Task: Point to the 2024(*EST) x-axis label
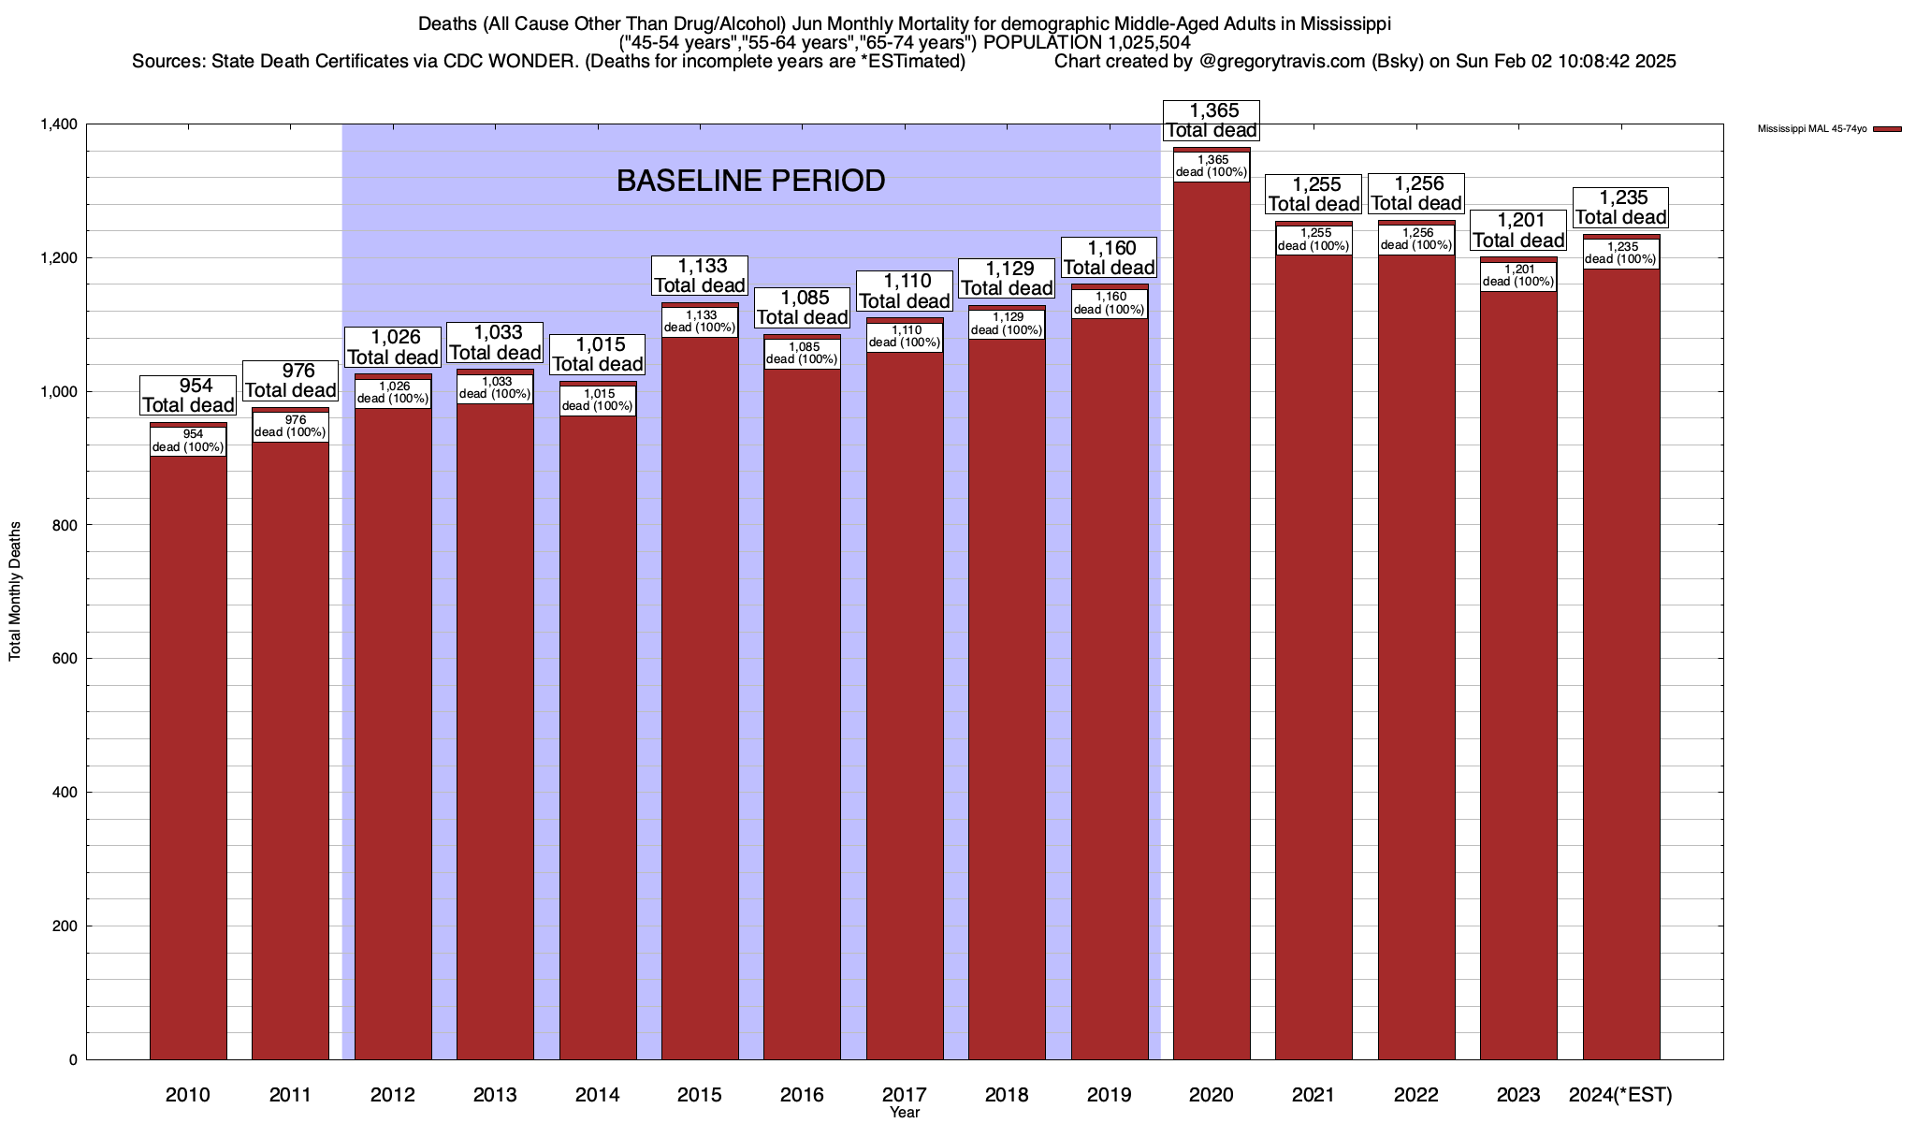click(x=1620, y=1094)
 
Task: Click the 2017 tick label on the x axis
click(x=905, y=1094)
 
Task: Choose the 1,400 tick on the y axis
click(x=58, y=124)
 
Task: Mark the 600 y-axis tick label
click(x=65, y=659)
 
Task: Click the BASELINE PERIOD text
click(x=750, y=181)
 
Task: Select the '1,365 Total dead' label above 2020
click(x=1212, y=121)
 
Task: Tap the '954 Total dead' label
click(x=188, y=395)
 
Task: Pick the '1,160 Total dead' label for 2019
click(x=1110, y=257)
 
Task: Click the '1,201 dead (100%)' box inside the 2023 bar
click(x=1518, y=275)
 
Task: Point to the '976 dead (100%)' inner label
click(x=290, y=426)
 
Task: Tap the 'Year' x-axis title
click(x=905, y=1113)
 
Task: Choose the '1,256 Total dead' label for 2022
click(x=1416, y=193)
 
